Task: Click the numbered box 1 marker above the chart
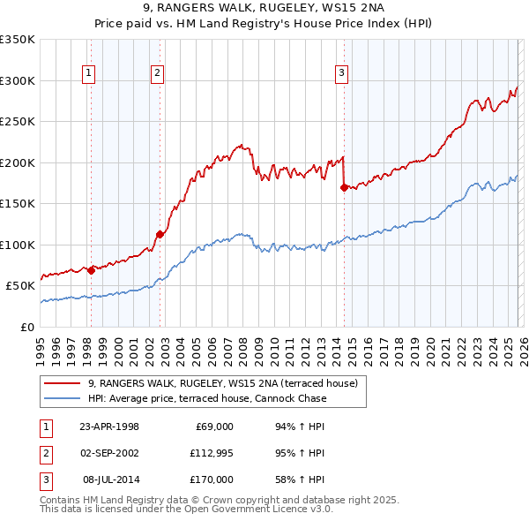(90, 73)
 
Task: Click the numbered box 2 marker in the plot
(157, 73)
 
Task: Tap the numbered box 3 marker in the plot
(342, 73)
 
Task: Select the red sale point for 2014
(343, 186)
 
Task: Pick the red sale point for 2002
(160, 234)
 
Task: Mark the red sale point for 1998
(91, 270)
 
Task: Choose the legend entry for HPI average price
(207, 398)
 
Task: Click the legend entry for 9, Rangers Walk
(222, 383)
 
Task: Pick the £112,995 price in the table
(211, 453)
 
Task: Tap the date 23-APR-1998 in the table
(108, 427)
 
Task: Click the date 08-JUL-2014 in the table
(110, 479)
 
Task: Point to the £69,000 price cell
(213, 427)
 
